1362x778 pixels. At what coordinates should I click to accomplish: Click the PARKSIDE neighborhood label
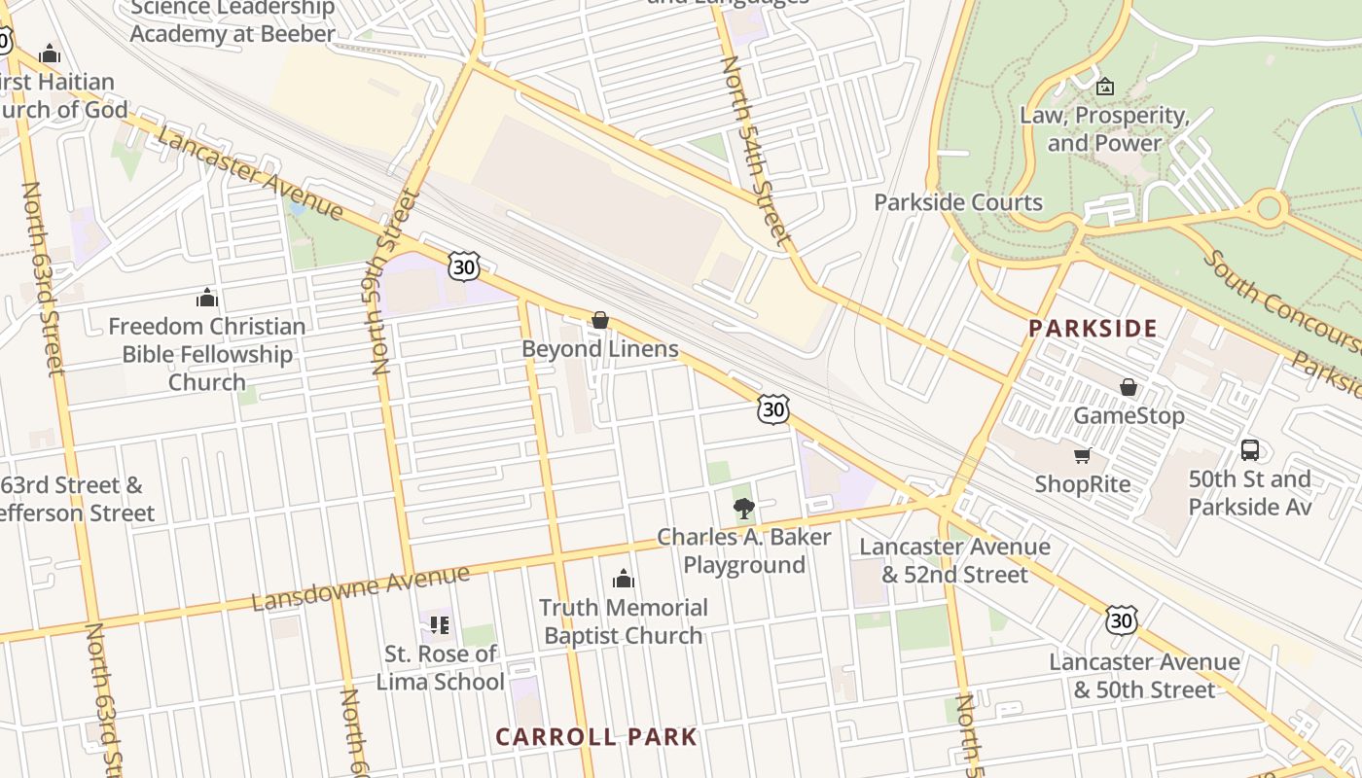(1093, 328)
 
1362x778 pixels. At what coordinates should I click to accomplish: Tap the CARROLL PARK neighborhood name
(596, 736)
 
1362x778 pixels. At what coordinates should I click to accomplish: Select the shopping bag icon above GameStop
(1129, 387)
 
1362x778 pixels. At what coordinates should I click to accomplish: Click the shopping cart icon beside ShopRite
(1082, 455)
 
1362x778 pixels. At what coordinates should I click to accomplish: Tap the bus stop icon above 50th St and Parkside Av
(1250, 450)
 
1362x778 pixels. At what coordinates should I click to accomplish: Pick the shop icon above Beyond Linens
(600, 320)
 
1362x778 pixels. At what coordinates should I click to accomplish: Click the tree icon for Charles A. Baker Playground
(744, 508)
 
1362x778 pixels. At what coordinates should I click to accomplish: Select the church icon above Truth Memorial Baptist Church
(624, 580)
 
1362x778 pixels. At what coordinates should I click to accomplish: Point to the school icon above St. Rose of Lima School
(440, 624)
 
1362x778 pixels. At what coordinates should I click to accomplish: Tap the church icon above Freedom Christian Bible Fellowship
(207, 298)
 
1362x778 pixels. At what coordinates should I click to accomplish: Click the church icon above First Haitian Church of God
(50, 53)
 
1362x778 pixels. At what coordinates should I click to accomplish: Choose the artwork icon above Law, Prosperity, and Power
(1104, 87)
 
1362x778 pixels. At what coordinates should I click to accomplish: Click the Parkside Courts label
(958, 202)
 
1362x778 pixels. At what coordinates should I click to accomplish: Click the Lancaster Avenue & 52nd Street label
(954, 560)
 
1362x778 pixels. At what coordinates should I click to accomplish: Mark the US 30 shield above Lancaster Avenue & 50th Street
(1121, 619)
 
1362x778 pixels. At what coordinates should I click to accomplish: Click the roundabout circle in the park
(1269, 206)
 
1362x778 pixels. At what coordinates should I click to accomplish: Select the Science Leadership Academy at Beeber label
(233, 21)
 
